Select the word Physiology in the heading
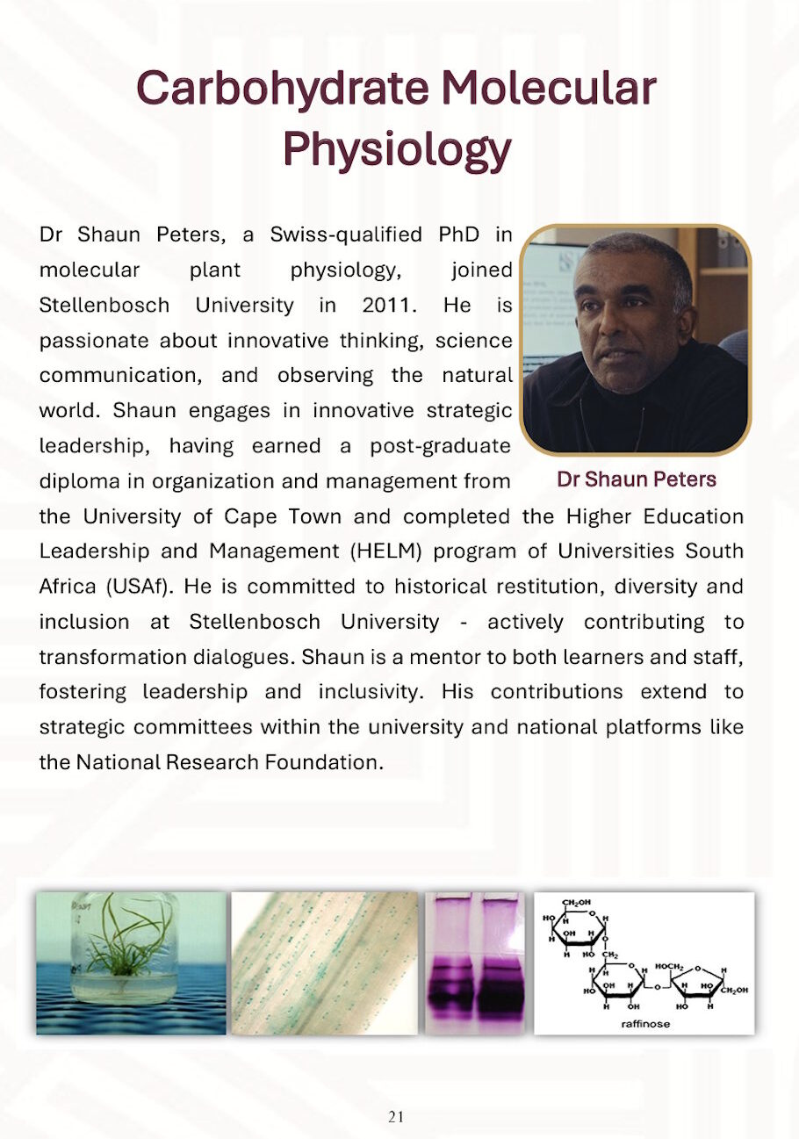(x=396, y=150)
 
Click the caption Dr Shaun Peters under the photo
(x=637, y=479)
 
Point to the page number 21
(x=396, y=1117)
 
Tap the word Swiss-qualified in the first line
(x=345, y=234)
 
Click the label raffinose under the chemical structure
(x=644, y=1024)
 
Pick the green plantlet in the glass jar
(x=130, y=944)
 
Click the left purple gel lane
(x=450, y=966)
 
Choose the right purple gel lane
(x=501, y=966)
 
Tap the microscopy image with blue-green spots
(x=324, y=963)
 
